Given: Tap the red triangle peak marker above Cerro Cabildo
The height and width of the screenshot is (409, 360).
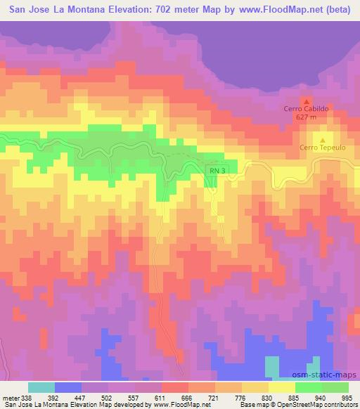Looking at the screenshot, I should pyautogui.click(x=305, y=100).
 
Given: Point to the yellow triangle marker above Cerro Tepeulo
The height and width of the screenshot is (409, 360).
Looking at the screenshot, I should pyautogui.click(x=323, y=138).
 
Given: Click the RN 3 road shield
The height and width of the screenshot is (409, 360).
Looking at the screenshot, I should pyautogui.click(x=217, y=170).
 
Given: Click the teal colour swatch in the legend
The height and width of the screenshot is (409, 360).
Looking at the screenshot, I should pyautogui.click(x=41, y=387).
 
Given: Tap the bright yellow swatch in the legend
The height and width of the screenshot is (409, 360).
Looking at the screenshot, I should pyautogui.click(x=281, y=387).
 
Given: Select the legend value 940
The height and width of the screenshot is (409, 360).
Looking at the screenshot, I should pyautogui.click(x=321, y=396).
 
